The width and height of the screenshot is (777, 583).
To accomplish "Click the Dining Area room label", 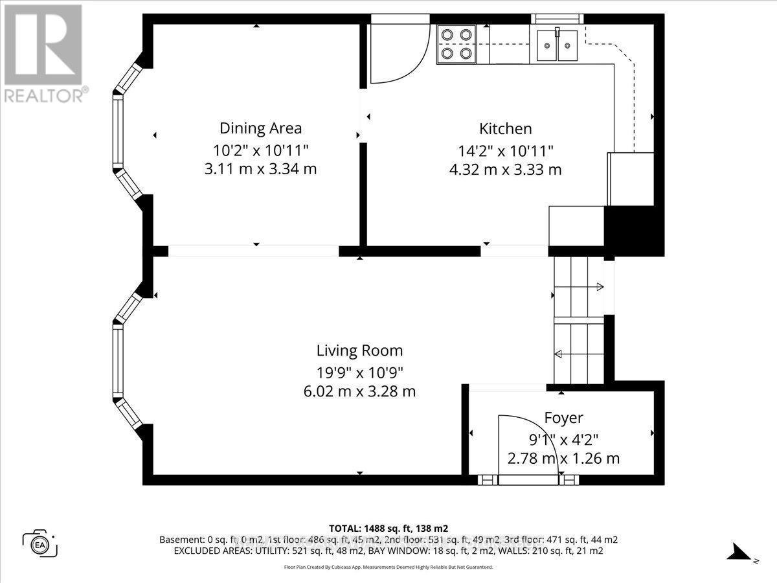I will [260, 128].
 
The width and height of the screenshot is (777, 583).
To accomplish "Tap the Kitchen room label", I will [505, 128].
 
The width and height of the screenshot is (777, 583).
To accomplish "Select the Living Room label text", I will [359, 350].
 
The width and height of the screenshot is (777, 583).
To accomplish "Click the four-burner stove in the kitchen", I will [456, 44].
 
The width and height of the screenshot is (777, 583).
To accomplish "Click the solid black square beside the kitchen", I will [633, 230].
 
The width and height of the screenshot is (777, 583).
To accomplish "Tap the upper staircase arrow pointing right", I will [599, 287].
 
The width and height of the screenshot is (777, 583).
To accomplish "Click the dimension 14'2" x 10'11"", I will [505, 151].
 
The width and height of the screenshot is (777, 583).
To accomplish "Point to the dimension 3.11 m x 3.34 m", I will [260, 169].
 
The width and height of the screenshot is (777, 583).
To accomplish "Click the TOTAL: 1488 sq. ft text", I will [388, 528].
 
